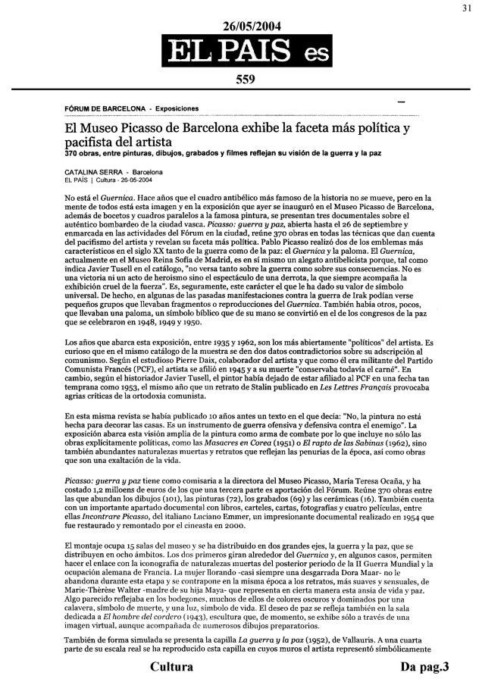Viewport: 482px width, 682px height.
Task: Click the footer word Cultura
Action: pos(171,667)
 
